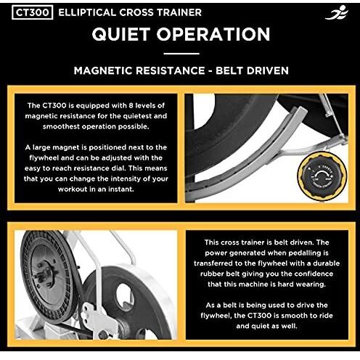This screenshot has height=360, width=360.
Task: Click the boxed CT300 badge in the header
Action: [x=33, y=12]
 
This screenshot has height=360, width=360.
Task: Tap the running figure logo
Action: [x=337, y=12]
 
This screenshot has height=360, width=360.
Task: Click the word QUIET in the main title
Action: [x=120, y=34]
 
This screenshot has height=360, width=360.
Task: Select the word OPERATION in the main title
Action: [x=213, y=34]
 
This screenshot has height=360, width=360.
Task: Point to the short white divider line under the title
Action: [x=181, y=54]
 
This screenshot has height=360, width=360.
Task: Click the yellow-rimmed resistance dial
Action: [x=322, y=176]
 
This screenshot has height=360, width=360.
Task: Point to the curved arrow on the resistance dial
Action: [x=322, y=173]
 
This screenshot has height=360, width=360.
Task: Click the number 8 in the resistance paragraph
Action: [x=131, y=106]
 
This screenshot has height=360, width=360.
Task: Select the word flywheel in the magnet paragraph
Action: [x=44, y=158]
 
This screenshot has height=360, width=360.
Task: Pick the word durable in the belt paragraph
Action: [x=326, y=263]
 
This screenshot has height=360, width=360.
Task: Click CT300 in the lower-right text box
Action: [x=260, y=316]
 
